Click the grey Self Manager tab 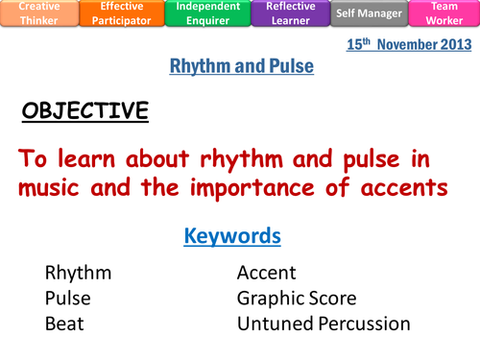[369, 12]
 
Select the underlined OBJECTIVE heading [85, 111]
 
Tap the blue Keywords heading [232, 235]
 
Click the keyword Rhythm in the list [78, 273]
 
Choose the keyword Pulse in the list [68, 299]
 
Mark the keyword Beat [64, 324]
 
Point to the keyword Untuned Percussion [323, 324]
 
